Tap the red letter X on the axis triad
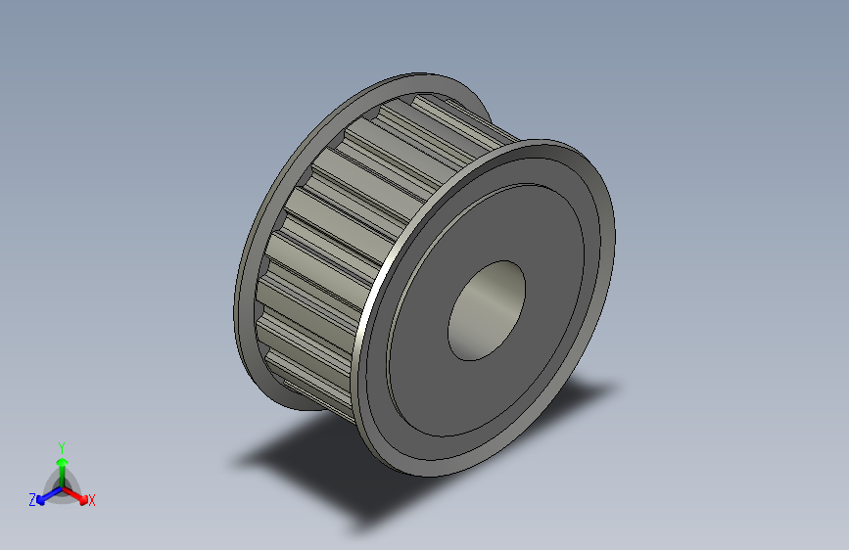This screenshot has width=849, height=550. click(x=92, y=500)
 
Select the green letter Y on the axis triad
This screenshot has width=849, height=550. click(x=61, y=446)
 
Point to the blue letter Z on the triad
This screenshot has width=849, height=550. click(x=32, y=500)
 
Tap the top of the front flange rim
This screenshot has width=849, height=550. click(x=548, y=145)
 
